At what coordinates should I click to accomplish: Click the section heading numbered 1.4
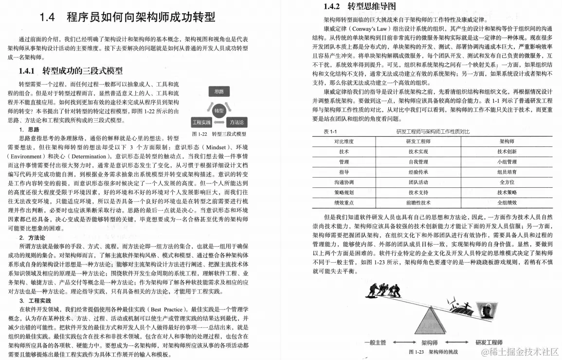click(127, 18)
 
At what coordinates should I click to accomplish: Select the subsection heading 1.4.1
click(71, 71)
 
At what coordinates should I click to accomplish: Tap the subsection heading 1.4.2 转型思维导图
click(360, 7)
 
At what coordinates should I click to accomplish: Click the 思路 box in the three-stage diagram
click(219, 91)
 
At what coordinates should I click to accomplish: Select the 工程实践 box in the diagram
click(200, 122)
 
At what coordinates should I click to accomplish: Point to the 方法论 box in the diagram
click(236, 122)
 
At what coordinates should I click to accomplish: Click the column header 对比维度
click(344, 141)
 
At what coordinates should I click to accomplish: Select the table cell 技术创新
click(507, 151)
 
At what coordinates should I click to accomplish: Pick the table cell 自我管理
click(418, 162)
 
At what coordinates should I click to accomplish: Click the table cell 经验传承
click(418, 172)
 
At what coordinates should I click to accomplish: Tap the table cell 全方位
click(507, 182)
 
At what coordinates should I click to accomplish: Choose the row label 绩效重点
click(344, 202)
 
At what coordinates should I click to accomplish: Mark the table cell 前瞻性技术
click(418, 202)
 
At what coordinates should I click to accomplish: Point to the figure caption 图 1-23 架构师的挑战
click(433, 352)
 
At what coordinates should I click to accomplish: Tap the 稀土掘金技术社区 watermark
click(520, 351)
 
